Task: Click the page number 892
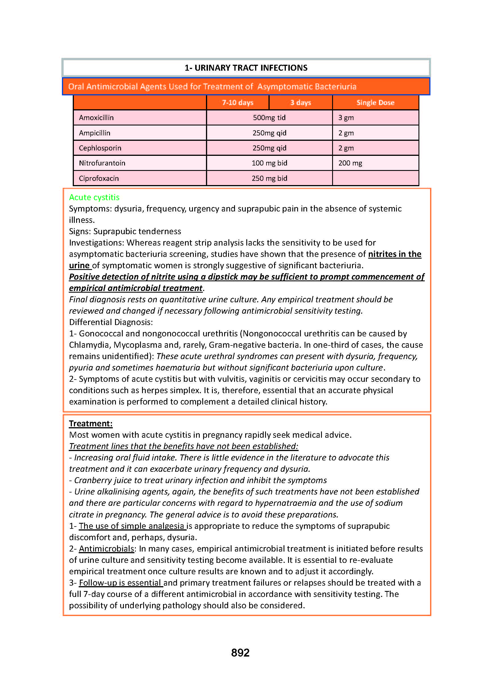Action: (x=240, y=653)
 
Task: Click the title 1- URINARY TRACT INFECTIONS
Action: (x=246, y=68)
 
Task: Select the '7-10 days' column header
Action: (x=238, y=103)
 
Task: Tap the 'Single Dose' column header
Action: (x=375, y=103)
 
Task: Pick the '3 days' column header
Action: (x=300, y=103)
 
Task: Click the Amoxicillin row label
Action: (x=96, y=118)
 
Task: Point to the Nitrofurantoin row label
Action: (x=102, y=163)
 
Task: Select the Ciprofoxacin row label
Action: (x=99, y=179)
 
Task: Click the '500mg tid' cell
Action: (x=269, y=118)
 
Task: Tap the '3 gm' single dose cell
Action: (x=346, y=118)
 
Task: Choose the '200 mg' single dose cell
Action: (x=350, y=163)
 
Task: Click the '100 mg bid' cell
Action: (x=269, y=163)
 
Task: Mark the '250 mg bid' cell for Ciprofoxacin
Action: (x=269, y=179)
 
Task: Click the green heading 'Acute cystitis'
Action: (x=94, y=197)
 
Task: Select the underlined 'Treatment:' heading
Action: (x=91, y=424)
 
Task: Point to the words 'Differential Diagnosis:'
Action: (x=111, y=322)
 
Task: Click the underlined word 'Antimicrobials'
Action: (x=106, y=549)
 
